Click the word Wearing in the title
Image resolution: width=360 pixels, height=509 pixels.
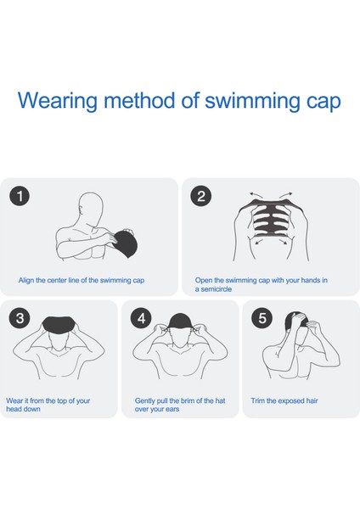pos(58,101)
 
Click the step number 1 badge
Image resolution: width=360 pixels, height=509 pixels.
pos(20,196)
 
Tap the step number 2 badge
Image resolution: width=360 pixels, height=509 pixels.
pos(200,196)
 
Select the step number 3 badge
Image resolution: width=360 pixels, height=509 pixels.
pos(20,318)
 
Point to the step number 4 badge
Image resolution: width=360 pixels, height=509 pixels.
pos(141,318)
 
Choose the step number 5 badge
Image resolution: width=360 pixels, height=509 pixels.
pos(262,318)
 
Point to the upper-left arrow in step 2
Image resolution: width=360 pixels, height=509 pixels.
pos(256,195)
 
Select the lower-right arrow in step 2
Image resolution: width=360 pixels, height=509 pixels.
pos(282,242)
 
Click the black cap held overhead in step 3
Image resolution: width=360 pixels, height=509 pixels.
pos(59,325)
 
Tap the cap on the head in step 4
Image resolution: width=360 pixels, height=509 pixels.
pos(180,322)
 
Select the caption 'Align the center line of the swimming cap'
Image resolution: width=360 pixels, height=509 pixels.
pos(82,280)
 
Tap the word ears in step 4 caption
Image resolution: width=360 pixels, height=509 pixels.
pos(172,409)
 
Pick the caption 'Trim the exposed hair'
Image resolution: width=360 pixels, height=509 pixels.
pos(284,401)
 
